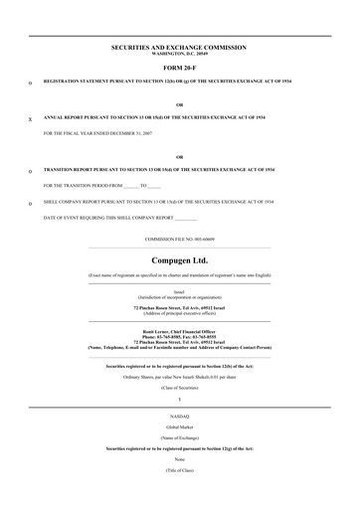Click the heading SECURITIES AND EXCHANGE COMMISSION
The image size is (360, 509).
click(180, 46)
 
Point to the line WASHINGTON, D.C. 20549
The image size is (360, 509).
click(180, 53)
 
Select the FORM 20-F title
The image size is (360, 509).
click(180, 67)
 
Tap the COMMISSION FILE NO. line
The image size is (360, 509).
click(180, 240)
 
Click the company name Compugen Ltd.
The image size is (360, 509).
click(180, 260)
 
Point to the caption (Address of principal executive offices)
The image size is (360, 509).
click(180, 315)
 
